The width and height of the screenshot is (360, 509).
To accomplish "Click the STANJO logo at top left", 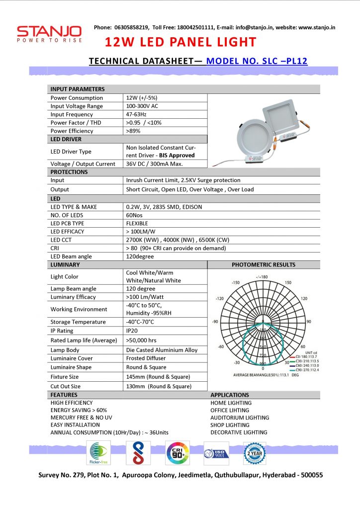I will pos(49,34).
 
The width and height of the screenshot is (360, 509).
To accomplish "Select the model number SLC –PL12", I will pos(257,61).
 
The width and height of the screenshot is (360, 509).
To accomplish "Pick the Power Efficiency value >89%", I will pos(134,131).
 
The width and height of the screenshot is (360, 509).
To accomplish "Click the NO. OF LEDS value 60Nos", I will pos(135,215).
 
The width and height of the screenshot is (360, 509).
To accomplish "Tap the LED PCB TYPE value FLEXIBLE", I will pos(137,223).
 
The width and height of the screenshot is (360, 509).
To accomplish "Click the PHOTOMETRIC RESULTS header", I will pos(263,264).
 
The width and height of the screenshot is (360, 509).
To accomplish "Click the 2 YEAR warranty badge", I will pos(254,453).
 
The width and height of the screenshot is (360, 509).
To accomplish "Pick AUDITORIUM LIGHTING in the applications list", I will pos(240,418).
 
